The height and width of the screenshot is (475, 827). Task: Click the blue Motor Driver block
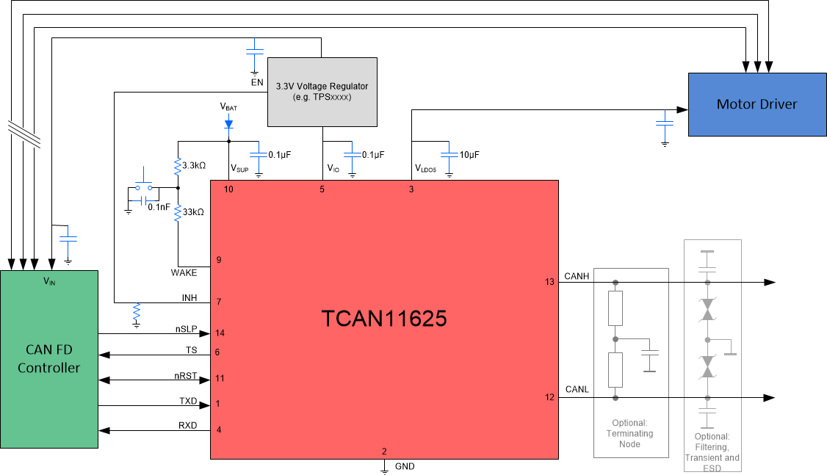click(756, 104)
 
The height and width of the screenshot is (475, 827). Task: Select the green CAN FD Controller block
click(48, 359)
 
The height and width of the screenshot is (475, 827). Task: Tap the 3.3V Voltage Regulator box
click(322, 91)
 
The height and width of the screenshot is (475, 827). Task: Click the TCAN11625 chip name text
click(384, 319)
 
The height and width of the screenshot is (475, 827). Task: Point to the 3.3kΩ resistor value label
click(193, 166)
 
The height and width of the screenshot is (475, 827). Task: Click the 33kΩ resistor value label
click(193, 211)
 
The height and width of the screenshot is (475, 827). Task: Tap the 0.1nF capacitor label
click(159, 207)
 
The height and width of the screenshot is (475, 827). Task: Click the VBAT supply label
click(228, 106)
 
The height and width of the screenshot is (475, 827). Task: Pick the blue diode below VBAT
click(228, 123)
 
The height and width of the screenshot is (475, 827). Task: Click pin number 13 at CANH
click(549, 282)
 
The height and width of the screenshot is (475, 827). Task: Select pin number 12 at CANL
click(549, 398)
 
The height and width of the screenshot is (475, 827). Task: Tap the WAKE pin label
click(184, 272)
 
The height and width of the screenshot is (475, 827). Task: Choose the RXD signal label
click(187, 424)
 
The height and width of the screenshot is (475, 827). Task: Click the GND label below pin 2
click(405, 466)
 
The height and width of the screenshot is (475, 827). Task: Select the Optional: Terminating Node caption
click(630, 433)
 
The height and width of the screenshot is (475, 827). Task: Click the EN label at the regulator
click(256, 82)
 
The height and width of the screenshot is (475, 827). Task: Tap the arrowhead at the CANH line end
click(770, 282)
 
